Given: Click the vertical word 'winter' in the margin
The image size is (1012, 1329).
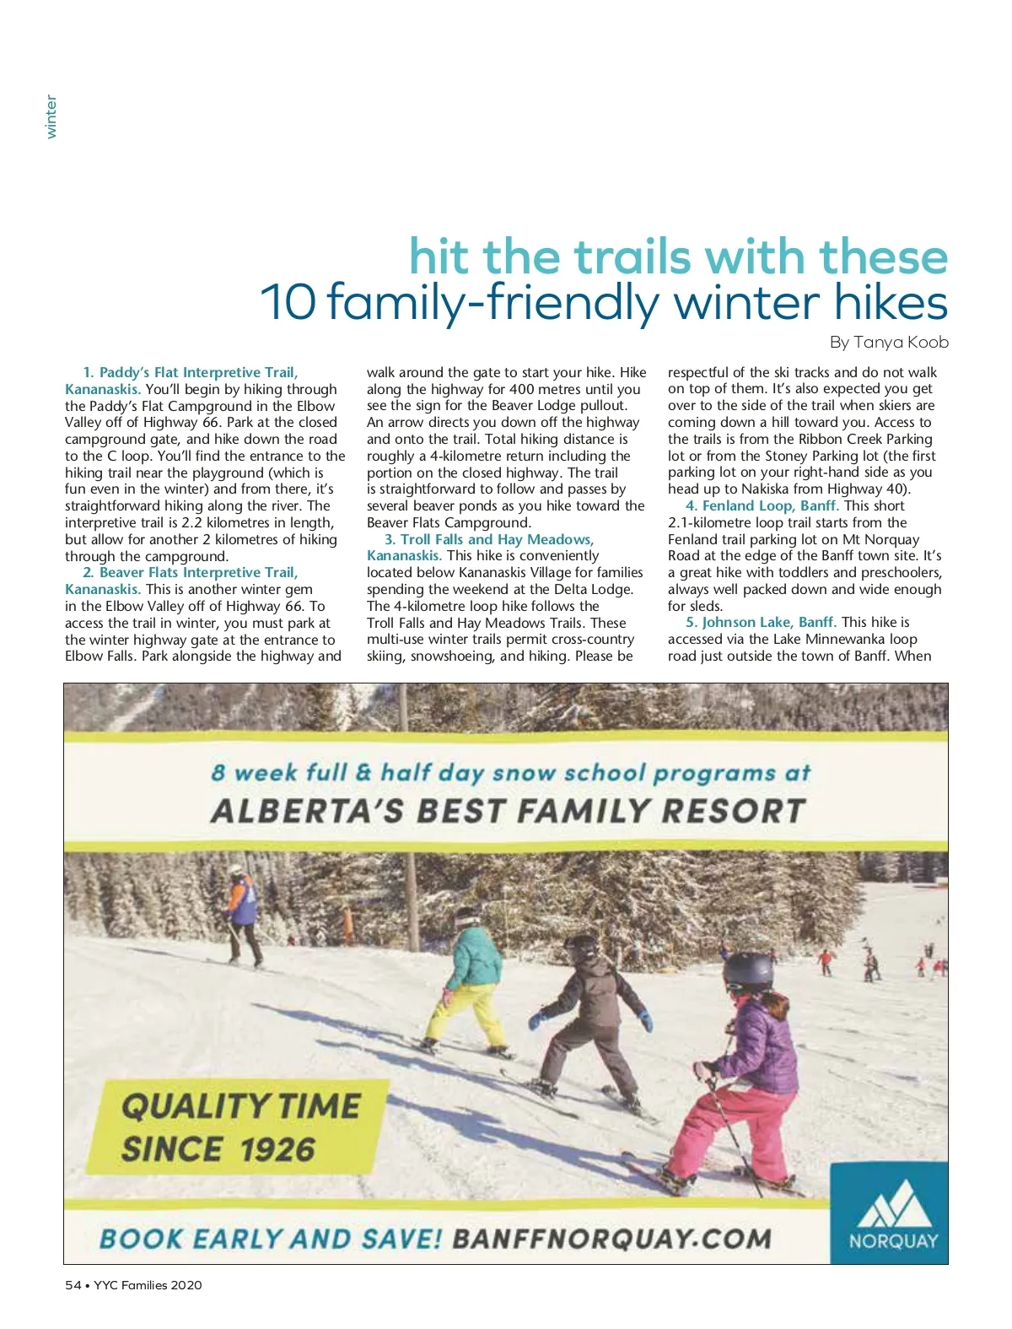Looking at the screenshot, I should (x=51, y=116).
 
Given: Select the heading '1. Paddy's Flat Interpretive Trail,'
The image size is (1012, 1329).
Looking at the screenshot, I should (x=191, y=372).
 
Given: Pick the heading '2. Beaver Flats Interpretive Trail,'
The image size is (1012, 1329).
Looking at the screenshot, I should (x=191, y=572).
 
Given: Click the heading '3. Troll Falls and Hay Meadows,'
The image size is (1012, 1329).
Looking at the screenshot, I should (x=489, y=539).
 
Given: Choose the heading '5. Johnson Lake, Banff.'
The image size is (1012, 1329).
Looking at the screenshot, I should (x=761, y=622).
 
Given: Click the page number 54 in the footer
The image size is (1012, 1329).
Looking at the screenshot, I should (x=73, y=1285).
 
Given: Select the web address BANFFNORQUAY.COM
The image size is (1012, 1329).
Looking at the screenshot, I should (x=611, y=1239).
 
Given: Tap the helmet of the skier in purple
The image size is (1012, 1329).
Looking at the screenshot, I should (x=747, y=970).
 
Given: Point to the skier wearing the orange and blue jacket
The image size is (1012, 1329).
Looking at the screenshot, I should (x=243, y=907).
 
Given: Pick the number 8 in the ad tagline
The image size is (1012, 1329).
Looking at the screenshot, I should (x=218, y=772).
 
